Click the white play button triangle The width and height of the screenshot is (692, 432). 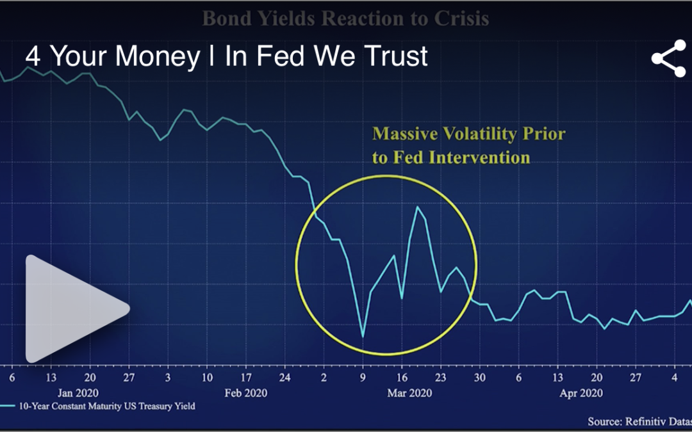pyautogui.click(x=70, y=309)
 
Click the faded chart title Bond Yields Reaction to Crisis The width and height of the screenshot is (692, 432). pyautogui.click(x=345, y=18)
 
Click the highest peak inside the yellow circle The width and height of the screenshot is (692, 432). pyautogui.click(x=418, y=207)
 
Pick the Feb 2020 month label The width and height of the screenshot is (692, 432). pyautogui.click(x=246, y=392)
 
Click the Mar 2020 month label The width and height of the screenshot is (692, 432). pyautogui.click(x=409, y=392)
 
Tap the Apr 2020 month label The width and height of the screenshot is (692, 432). pyautogui.click(x=581, y=392)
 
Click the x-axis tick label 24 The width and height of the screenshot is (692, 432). pyautogui.click(x=285, y=377)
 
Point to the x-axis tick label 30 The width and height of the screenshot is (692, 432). pyautogui.click(x=479, y=377)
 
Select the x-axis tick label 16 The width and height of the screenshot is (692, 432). pyautogui.click(x=402, y=377)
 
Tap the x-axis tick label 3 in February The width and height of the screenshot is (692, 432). pyautogui.click(x=168, y=377)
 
